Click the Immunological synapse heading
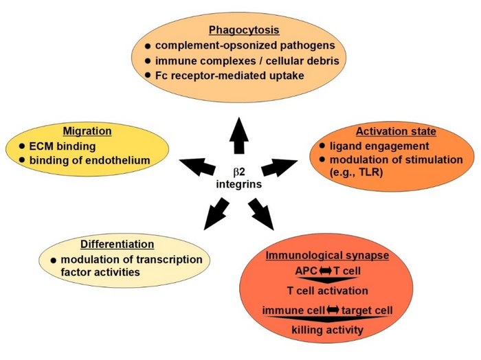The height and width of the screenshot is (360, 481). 327,256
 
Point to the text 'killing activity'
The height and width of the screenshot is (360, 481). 327,330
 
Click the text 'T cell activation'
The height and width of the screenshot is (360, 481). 327,290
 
